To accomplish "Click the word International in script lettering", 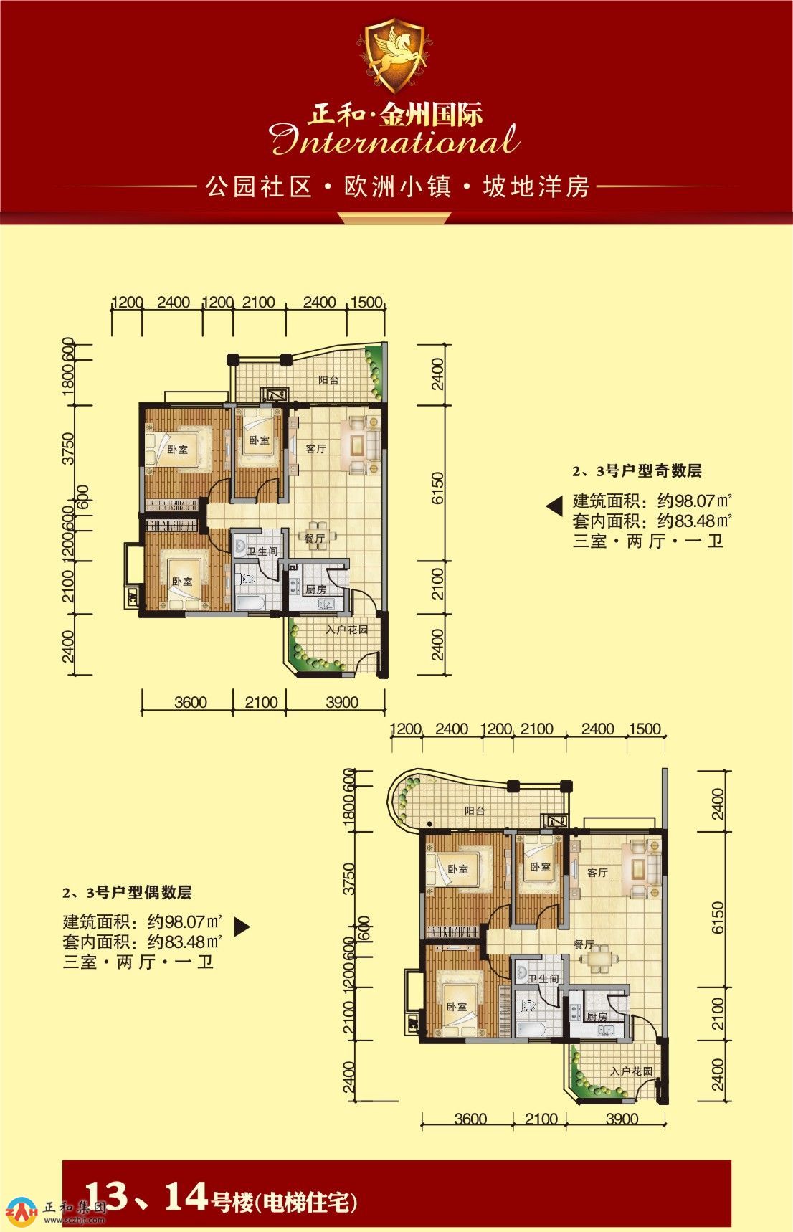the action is (x=395, y=140).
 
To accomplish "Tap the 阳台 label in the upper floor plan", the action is (x=328, y=380).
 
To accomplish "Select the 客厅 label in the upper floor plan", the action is (x=316, y=449).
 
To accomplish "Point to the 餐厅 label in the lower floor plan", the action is (x=584, y=944).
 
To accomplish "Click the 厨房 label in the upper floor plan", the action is (x=316, y=589).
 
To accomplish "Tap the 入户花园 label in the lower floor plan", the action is (x=631, y=1071).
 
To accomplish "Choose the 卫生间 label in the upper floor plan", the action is (x=262, y=551).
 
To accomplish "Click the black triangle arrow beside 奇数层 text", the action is (x=554, y=507).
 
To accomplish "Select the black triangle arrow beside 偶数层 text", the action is (x=242, y=927).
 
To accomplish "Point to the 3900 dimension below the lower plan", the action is (x=622, y=1119).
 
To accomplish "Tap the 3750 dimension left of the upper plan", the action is (x=69, y=449).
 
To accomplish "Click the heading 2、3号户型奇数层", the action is (x=637, y=471).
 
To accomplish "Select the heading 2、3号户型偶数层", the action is (x=127, y=893).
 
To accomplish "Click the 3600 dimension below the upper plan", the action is (x=191, y=703).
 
